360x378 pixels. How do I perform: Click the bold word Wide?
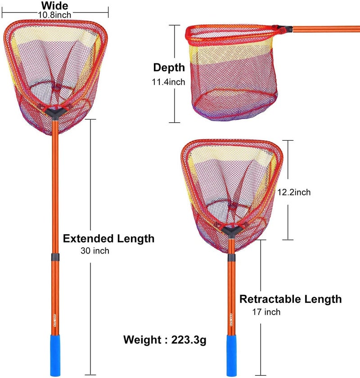(54, 5)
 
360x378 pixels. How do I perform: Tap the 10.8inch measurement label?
(54, 15)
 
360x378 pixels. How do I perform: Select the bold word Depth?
(169, 68)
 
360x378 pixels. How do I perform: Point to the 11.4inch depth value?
(168, 82)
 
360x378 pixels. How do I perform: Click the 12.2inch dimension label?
(294, 192)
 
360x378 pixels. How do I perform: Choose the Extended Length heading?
(108, 239)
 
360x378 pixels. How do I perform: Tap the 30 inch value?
(95, 251)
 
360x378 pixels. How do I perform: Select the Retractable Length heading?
(291, 299)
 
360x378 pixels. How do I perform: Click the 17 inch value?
(266, 312)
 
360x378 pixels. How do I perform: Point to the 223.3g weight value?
(189, 340)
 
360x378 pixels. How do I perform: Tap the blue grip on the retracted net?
(231, 355)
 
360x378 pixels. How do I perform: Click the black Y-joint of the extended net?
(55, 114)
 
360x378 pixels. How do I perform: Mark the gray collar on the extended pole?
(55, 257)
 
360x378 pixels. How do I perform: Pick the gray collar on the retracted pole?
(231, 258)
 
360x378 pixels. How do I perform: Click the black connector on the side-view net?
(285, 29)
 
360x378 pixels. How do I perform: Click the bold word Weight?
(142, 340)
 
